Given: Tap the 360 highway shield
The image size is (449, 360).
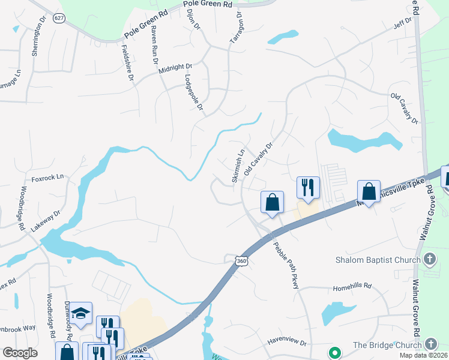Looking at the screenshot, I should tap(241, 261).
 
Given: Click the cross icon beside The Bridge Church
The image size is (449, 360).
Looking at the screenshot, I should tap(430, 344).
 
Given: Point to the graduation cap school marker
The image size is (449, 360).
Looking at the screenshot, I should tap(80, 313).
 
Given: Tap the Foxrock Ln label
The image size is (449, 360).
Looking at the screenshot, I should tap(47, 178).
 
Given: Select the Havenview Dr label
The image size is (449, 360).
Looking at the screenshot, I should tap(287, 343).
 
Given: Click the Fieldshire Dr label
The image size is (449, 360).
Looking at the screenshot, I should tap(127, 63).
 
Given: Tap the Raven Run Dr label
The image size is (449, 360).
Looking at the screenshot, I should tap(154, 45).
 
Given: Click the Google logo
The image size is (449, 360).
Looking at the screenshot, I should tap(20, 353).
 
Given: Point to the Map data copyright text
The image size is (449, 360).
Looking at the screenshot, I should tap(423, 355).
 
